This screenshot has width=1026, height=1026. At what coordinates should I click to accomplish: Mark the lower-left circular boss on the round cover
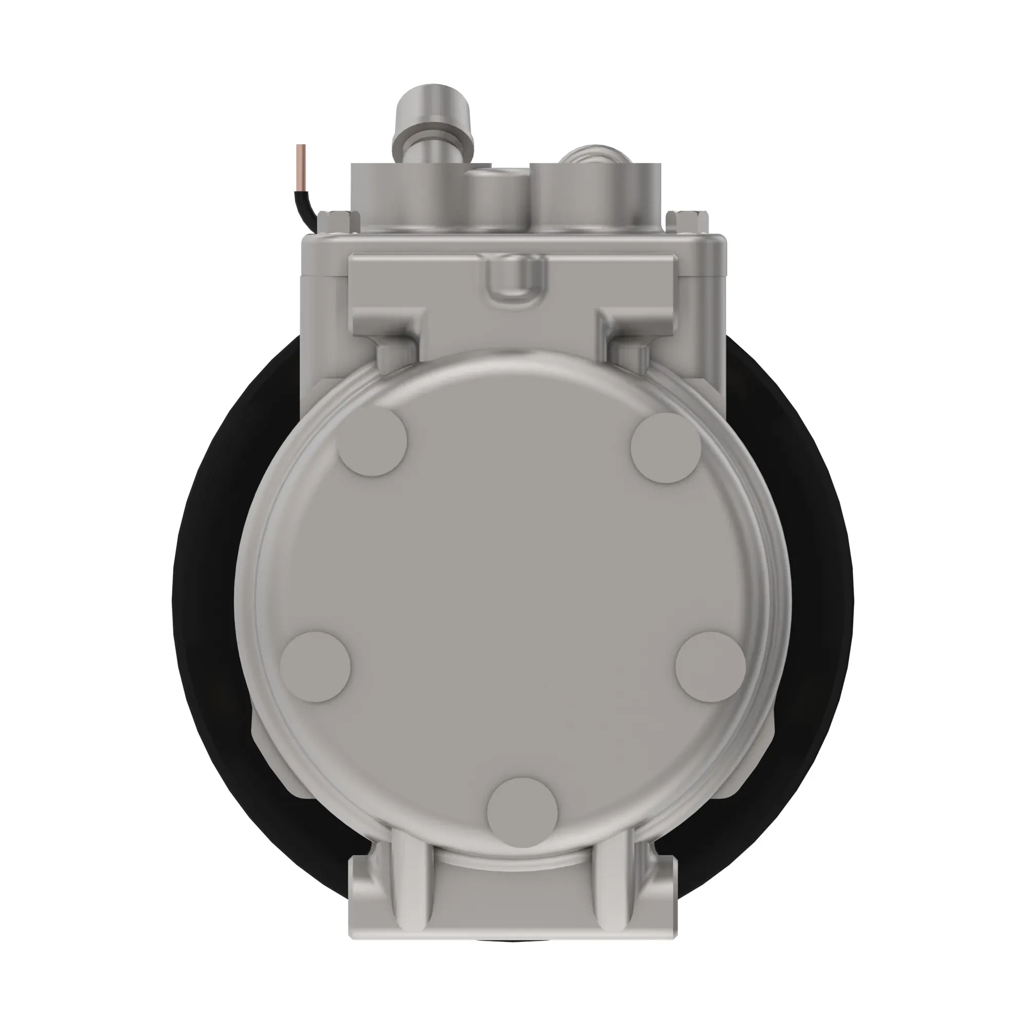pyautogui.click(x=315, y=667)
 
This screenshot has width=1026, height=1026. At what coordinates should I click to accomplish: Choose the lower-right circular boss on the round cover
pyautogui.click(x=711, y=667)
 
